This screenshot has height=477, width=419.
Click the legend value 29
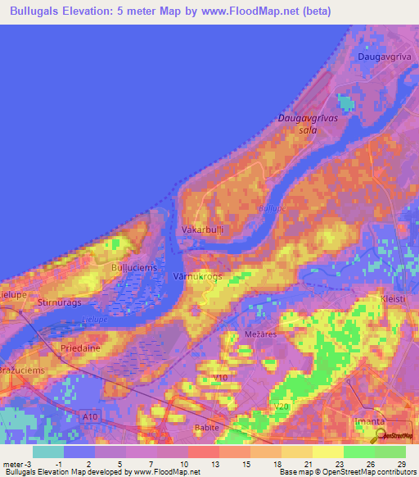point(391,465)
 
